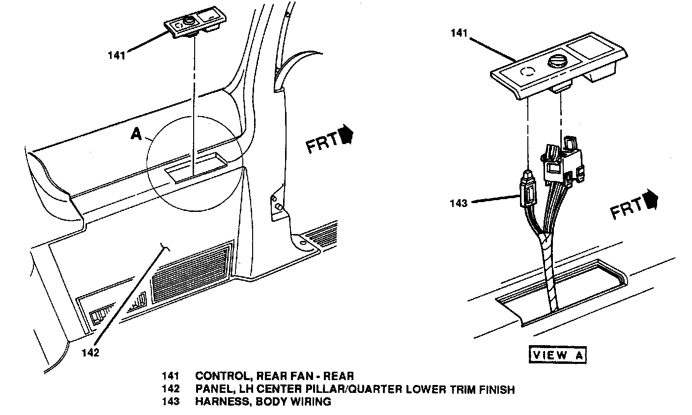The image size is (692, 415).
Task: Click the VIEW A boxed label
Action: [x=558, y=355]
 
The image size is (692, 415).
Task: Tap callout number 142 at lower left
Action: [x=90, y=353]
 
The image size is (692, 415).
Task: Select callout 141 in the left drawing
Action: [x=116, y=55]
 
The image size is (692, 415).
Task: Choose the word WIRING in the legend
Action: [x=313, y=402]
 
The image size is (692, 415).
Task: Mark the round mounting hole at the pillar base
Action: [x=297, y=242]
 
